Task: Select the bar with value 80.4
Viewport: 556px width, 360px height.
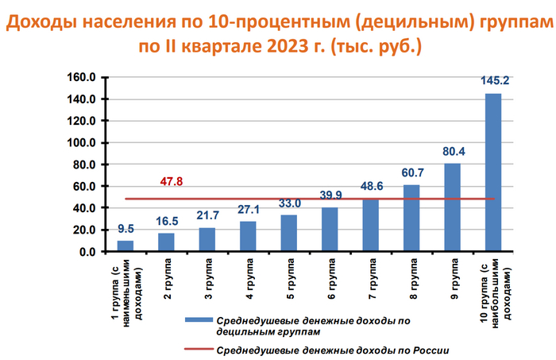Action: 452,207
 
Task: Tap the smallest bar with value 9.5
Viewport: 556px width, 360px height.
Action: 125,246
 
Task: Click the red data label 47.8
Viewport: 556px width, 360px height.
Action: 171,181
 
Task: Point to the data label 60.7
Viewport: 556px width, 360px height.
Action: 411,172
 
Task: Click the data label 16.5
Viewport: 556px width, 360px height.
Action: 166,220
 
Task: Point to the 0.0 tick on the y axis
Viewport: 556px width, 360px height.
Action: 87,252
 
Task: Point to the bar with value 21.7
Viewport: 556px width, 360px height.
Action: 207,239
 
